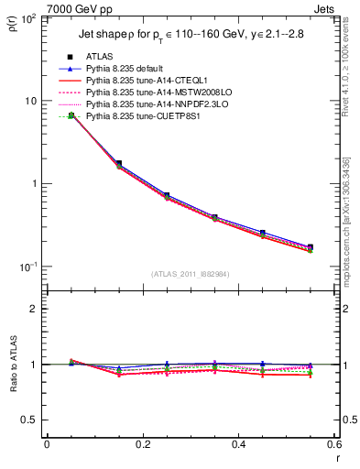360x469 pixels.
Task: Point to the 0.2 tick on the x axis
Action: (x=142, y=444)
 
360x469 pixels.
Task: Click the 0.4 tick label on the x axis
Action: (x=238, y=444)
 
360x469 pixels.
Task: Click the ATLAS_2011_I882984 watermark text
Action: (x=191, y=274)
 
